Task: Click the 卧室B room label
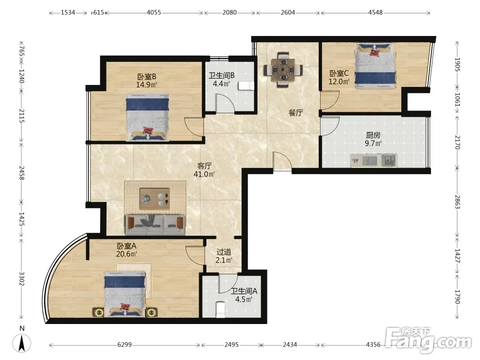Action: point(146,76)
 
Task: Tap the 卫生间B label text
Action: point(222,75)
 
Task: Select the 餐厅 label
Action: point(296,113)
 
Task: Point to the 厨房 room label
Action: point(373,135)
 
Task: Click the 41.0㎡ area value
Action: point(204,174)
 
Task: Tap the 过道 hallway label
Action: point(224,252)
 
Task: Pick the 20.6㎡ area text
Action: point(126,254)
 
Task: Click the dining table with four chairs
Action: point(284,70)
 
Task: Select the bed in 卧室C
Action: point(375,65)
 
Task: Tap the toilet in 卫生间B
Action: point(246,86)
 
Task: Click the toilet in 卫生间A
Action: point(220,310)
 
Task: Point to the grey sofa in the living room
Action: point(155,225)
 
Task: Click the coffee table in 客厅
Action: point(155,199)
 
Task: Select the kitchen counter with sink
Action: point(373,160)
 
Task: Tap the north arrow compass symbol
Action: point(22,343)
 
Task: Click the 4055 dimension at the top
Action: point(154,12)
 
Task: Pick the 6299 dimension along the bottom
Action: point(125,345)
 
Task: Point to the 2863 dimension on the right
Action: point(457,202)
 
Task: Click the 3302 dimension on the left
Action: point(22,278)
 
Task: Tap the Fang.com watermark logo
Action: point(428,339)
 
